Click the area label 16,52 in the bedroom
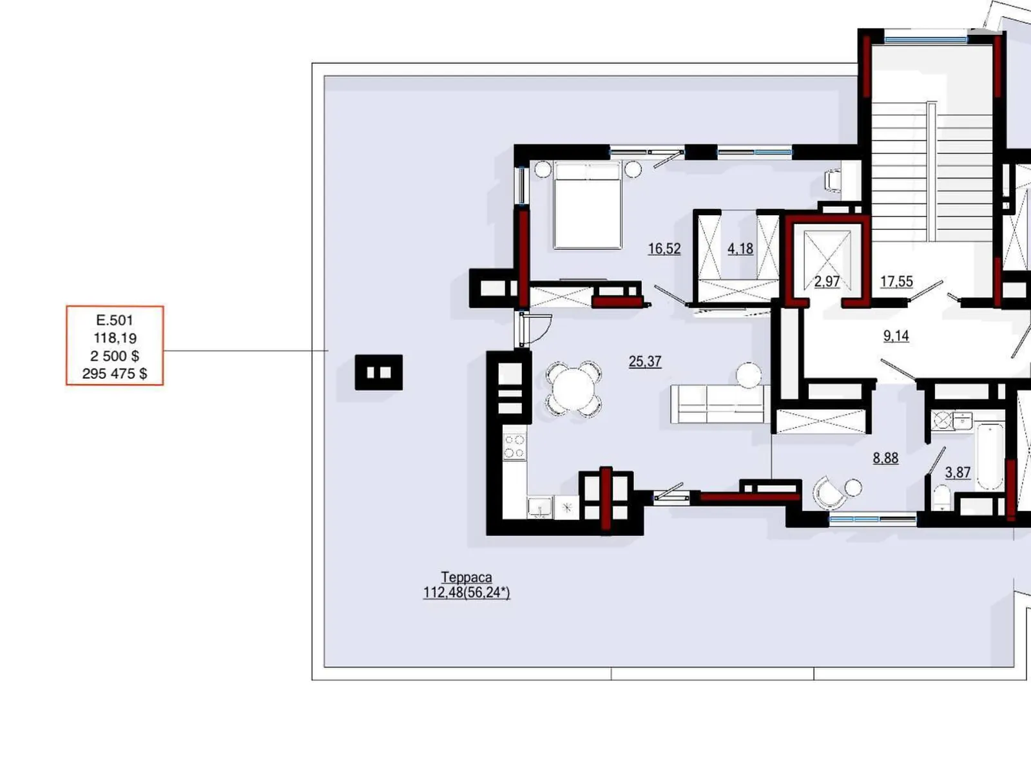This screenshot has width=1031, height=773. (664, 248)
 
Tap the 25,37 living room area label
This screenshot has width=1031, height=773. (645, 361)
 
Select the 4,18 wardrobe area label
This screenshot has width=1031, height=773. (740, 248)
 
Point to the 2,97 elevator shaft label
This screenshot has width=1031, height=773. (827, 281)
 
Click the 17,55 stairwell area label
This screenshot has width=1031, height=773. (896, 281)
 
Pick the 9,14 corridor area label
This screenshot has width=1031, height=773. (896, 336)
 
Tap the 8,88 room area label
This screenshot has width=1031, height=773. (885, 458)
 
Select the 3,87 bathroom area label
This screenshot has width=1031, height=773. (958, 472)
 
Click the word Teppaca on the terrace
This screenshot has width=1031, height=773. (467, 577)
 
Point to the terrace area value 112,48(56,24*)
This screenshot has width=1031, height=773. (467, 593)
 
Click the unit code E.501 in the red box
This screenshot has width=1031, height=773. (115, 320)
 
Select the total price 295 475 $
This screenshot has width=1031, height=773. (115, 374)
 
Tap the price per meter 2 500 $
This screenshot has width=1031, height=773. (115, 356)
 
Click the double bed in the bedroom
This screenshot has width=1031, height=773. (587, 205)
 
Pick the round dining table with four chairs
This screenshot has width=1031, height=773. (573, 389)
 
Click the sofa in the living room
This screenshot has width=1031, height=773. (720, 404)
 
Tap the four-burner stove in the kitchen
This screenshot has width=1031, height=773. (514, 446)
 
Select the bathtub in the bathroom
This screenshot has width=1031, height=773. (990, 457)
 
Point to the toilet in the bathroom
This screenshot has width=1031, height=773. (941, 498)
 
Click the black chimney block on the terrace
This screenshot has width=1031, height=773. (379, 372)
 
